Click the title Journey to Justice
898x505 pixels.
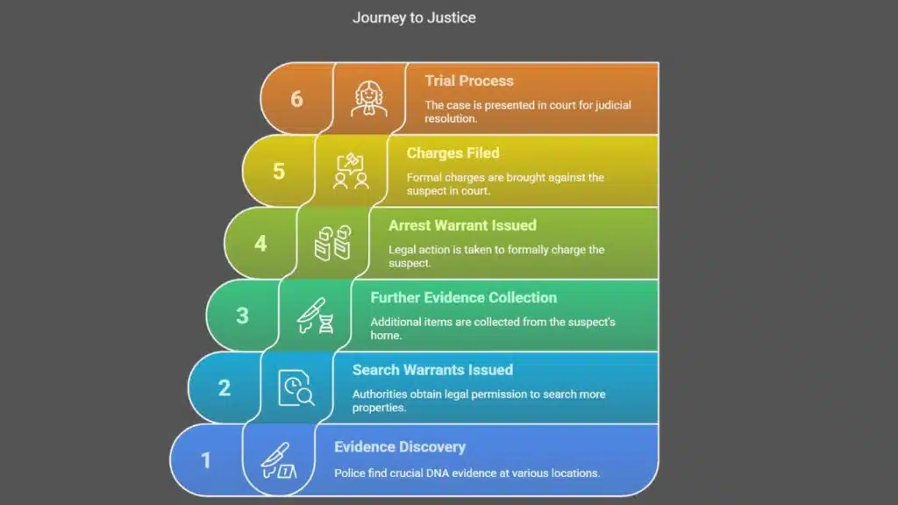click(x=414, y=18)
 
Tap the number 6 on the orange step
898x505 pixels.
click(x=296, y=98)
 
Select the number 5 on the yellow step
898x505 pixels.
click(x=278, y=170)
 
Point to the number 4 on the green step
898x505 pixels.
click(x=260, y=243)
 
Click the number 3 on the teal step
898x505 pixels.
click(x=242, y=315)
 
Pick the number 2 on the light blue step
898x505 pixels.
click(x=224, y=387)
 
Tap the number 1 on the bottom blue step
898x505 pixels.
click(x=206, y=459)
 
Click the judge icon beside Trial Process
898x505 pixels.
click(x=368, y=98)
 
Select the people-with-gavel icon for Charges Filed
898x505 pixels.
click(x=351, y=171)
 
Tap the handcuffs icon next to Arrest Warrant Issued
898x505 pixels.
click(x=332, y=243)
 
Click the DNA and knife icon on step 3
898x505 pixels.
click(x=315, y=316)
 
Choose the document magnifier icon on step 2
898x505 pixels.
click(x=296, y=388)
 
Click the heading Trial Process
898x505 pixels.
click(x=469, y=81)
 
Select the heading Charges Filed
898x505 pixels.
click(x=453, y=153)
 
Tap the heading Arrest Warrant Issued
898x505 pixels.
click(x=462, y=225)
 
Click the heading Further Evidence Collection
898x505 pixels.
click(x=463, y=297)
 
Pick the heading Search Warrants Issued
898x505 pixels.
click(x=432, y=370)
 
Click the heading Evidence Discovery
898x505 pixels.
click(x=399, y=447)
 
